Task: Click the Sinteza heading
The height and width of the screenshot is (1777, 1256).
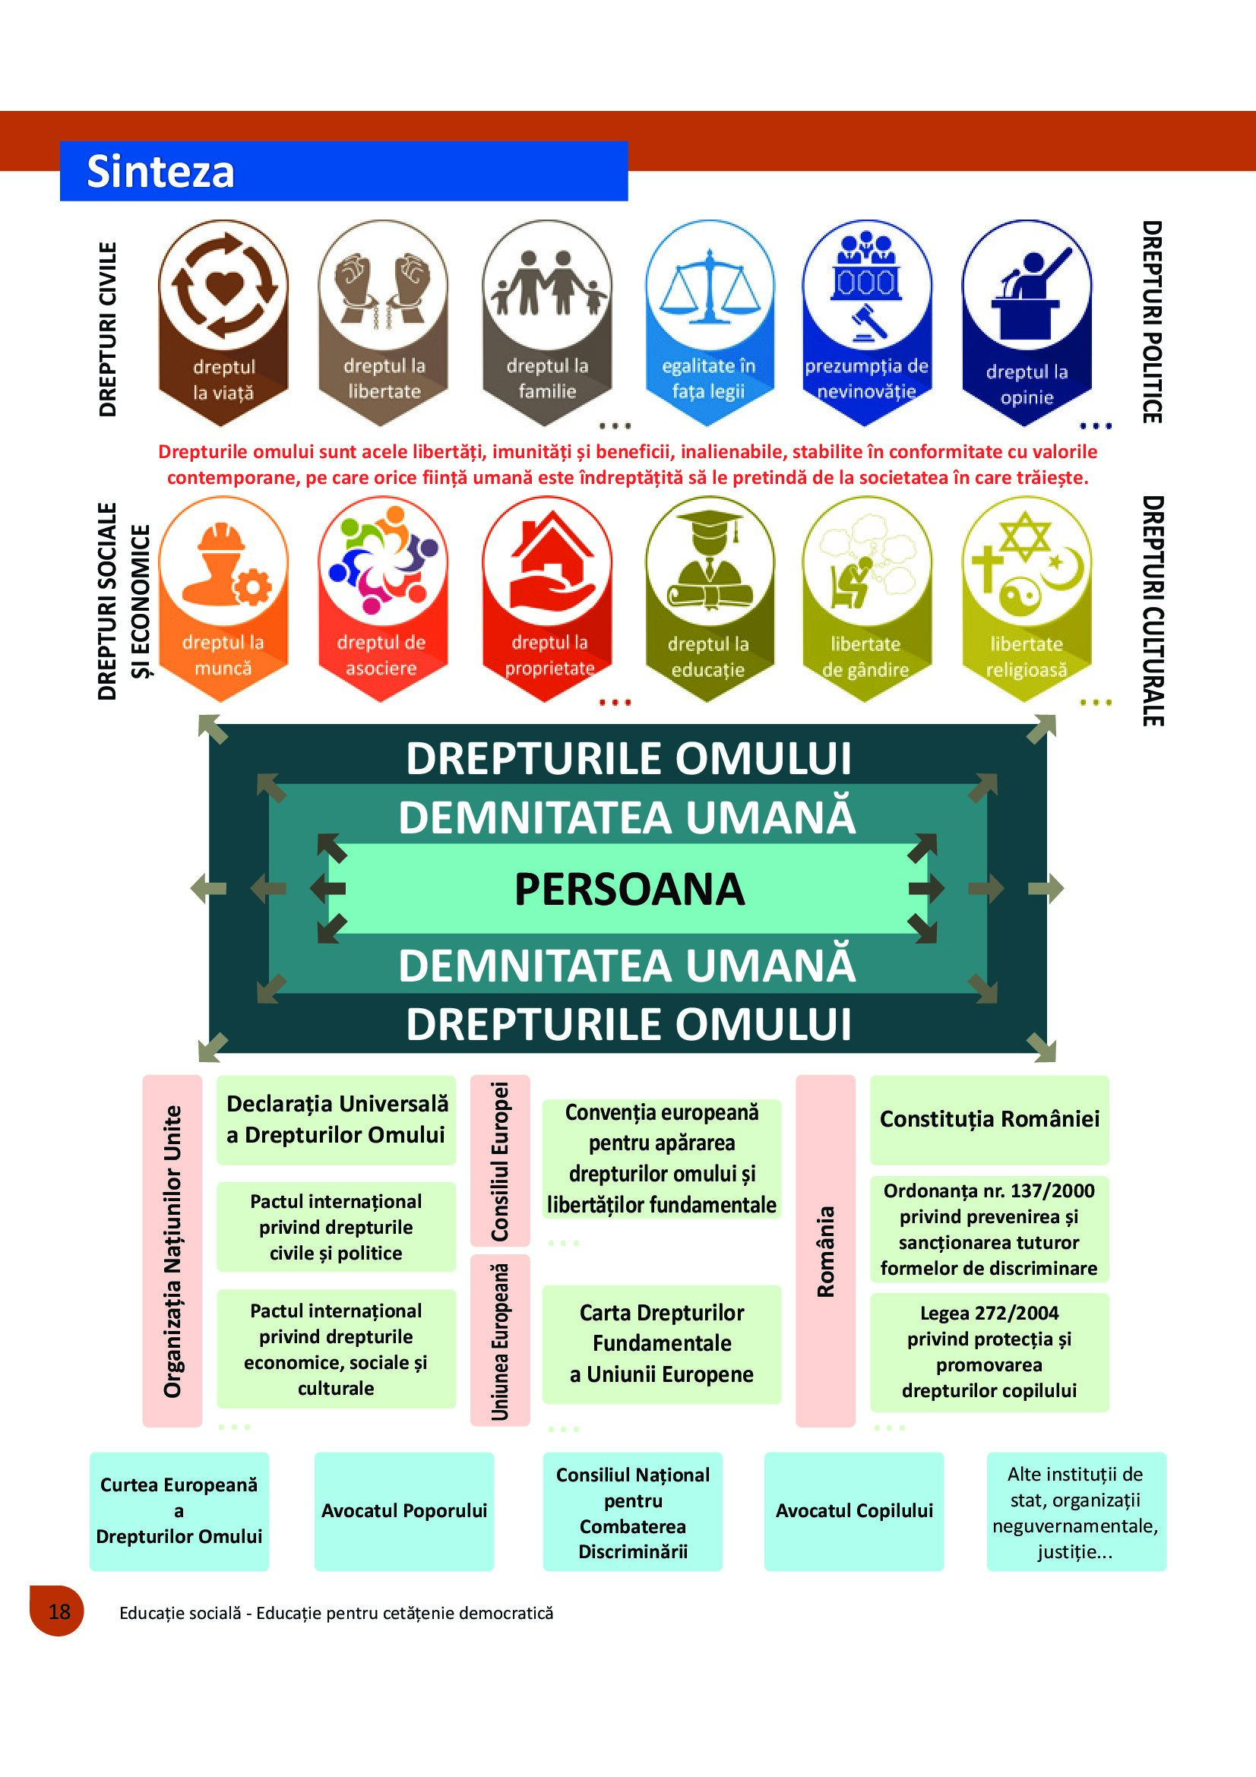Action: pyautogui.click(x=160, y=171)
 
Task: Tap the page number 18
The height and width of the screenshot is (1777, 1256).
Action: pyautogui.click(x=59, y=1611)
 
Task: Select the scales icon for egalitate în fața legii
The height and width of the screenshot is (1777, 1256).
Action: pyautogui.click(x=709, y=286)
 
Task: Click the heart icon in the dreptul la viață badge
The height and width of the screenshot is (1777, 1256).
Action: pyautogui.click(x=223, y=287)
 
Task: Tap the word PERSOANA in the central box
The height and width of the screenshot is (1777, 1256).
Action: pyautogui.click(x=628, y=889)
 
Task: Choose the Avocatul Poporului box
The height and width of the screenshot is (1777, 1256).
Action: pyautogui.click(x=404, y=1510)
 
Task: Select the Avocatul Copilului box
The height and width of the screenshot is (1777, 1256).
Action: pyautogui.click(x=853, y=1510)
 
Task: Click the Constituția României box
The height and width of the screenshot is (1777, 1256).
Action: pyautogui.click(x=989, y=1119)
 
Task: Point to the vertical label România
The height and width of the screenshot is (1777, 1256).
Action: pyautogui.click(x=826, y=1251)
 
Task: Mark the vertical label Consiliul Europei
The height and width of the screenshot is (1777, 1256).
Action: pyautogui.click(x=500, y=1161)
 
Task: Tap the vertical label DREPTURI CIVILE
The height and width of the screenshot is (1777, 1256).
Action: pyautogui.click(x=108, y=330)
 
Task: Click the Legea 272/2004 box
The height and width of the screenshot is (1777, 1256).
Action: pyautogui.click(x=989, y=1352)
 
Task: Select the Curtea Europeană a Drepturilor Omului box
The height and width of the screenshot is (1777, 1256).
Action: pyautogui.click(x=179, y=1510)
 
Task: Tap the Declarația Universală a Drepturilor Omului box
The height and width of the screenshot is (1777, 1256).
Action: pyautogui.click(x=336, y=1119)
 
